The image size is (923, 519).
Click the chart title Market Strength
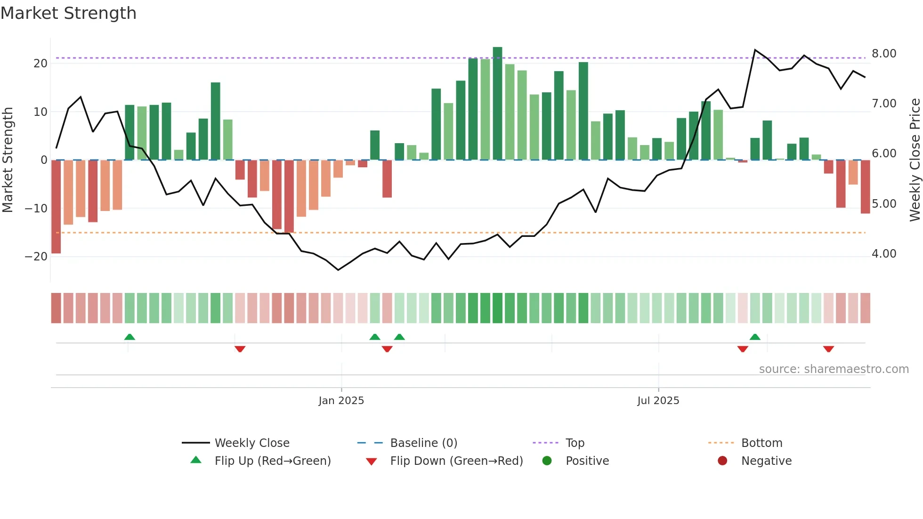(x=68, y=13)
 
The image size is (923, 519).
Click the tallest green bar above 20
(x=497, y=104)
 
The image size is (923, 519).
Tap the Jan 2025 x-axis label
(x=341, y=401)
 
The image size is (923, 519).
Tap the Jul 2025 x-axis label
(x=658, y=401)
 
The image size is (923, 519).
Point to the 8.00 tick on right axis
(x=884, y=54)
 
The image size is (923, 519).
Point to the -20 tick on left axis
(x=36, y=257)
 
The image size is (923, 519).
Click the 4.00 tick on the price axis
(x=884, y=254)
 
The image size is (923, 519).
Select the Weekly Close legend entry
(x=251, y=443)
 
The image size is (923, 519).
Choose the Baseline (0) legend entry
(x=423, y=443)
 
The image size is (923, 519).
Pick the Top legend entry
(x=575, y=443)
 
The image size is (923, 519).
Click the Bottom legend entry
(x=761, y=443)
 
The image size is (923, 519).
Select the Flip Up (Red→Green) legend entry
(x=272, y=461)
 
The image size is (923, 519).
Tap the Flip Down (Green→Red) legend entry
(x=456, y=461)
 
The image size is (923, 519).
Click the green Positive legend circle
(x=547, y=461)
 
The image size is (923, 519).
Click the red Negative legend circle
(x=722, y=461)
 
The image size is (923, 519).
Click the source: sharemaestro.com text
(x=834, y=369)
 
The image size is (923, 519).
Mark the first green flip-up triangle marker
(x=130, y=337)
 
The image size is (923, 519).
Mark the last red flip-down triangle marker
(x=828, y=349)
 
